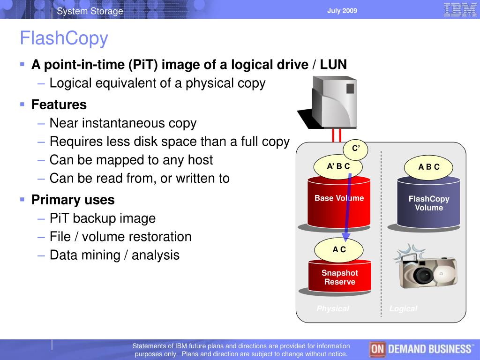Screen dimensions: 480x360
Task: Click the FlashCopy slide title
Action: coord(64,38)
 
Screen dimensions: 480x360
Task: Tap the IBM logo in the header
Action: coord(460,10)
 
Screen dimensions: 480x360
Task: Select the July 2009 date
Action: coord(342,11)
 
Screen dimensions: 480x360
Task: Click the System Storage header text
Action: coord(90,11)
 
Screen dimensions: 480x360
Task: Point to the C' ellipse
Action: coord(355,149)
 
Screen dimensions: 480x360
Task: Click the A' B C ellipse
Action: coord(338,166)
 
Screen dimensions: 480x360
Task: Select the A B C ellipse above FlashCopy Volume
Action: coord(428,167)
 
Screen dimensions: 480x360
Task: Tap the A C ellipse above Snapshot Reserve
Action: coord(339,250)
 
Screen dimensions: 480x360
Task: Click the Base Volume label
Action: coord(339,198)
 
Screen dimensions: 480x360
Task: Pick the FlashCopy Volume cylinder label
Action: coord(429,203)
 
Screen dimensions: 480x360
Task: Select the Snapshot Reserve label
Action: coord(340,277)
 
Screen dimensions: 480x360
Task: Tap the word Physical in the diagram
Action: coord(333,308)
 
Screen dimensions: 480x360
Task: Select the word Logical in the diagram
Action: coord(403,308)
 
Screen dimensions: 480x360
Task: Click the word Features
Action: coord(59,105)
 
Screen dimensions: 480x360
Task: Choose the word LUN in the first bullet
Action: coord(333,65)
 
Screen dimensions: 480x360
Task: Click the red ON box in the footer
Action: coord(377,349)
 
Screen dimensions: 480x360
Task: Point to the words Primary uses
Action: coord(73,200)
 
